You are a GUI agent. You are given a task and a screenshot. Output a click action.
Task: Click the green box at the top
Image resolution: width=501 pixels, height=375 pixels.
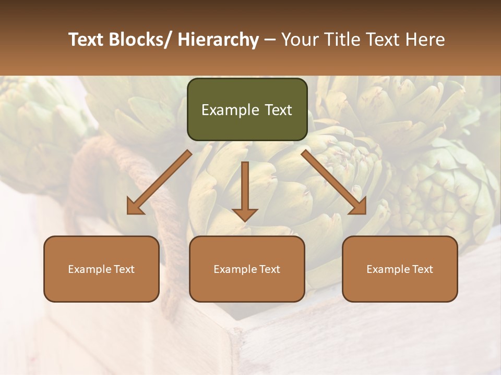pyautogui.click(x=247, y=109)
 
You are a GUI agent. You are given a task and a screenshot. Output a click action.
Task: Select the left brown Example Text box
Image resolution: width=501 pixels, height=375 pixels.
pyautogui.click(x=101, y=269)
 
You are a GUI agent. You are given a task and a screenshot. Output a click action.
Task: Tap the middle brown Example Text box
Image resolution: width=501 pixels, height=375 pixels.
pyautogui.click(x=247, y=269)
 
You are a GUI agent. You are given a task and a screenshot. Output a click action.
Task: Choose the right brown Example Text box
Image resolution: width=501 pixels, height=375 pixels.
pyautogui.click(x=400, y=269)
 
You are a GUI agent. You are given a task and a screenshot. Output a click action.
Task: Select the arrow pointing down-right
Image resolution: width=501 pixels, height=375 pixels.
pyautogui.click(x=334, y=182)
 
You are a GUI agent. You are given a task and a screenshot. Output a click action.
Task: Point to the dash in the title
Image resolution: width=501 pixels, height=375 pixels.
pyautogui.click(x=270, y=40)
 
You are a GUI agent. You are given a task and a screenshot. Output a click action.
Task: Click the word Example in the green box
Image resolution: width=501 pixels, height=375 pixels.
pyautogui.click(x=230, y=110)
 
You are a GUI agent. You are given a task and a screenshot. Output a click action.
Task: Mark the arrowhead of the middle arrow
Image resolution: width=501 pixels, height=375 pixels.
pyautogui.click(x=245, y=214)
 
